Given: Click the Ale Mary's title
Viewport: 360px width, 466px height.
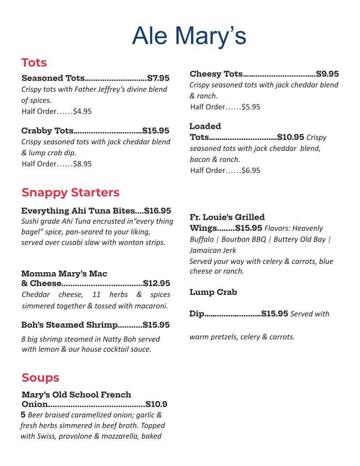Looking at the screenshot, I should click(189, 36).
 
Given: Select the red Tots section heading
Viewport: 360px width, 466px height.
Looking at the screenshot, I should click(34, 63).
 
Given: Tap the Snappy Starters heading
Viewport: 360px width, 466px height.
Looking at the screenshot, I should click(71, 192).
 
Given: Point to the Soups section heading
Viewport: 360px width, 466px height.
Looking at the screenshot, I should click(40, 378).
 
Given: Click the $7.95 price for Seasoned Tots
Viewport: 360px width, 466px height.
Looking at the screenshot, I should click(158, 78).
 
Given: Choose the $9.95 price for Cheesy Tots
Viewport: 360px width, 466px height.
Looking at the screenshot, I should click(327, 74).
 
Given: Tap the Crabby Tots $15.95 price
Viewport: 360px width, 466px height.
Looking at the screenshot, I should click(156, 131).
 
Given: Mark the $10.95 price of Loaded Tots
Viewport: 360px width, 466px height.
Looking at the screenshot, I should click(291, 137).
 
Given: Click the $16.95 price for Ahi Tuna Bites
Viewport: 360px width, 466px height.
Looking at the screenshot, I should click(157, 211).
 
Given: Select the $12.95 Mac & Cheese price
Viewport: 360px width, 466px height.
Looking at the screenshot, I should click(157, 283).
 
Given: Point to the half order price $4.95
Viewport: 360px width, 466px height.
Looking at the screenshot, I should click(82, 111).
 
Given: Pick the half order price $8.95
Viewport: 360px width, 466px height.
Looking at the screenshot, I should click(82, 164).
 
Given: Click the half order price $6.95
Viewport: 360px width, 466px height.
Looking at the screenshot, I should click(251, 170).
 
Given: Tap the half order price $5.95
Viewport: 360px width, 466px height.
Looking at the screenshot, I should click(251, 107).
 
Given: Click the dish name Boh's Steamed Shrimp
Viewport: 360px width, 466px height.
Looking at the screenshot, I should click(69, 325).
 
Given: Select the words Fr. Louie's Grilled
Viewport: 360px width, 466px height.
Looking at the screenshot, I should click(227, 217).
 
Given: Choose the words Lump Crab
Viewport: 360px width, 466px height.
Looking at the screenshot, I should click(213, 292).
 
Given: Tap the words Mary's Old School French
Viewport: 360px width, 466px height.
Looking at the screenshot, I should click(76, 395).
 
